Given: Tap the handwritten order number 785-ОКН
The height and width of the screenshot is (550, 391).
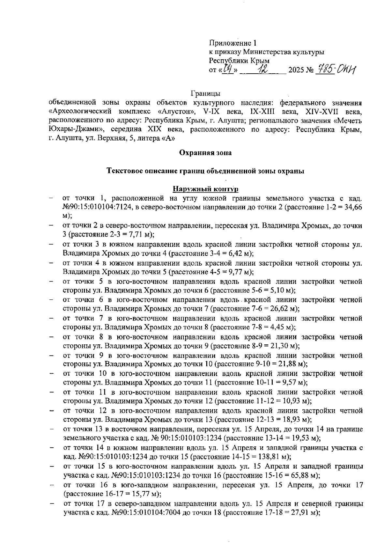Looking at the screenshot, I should point(336,69).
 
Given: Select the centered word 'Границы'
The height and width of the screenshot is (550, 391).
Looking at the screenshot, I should point(205,94).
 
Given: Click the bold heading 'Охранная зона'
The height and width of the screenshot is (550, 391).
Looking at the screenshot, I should point(206,153).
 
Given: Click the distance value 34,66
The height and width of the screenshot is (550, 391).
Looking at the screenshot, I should point(354,207).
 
